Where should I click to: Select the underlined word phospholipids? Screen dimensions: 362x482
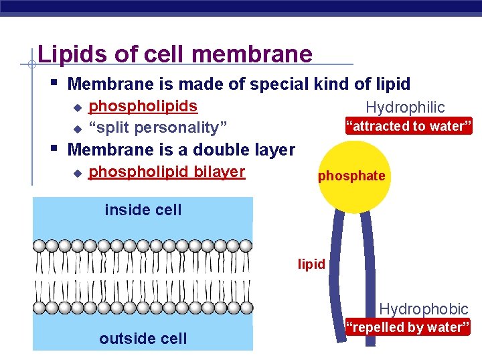[x=143, y=106]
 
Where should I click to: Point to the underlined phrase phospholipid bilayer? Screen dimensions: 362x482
[x=167, y=172]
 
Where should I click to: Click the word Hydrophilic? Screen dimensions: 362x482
[x=405, y=107]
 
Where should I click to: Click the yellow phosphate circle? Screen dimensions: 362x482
[x=351, y=176]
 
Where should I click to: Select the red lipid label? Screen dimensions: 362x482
[x=312, y=264]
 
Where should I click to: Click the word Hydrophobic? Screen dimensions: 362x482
[x=424, y=309]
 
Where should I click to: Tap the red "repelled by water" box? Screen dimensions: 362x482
[x=408, y=327]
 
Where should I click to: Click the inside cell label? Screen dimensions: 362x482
[x=143, y=210]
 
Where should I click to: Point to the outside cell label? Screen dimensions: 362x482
[x=143, y=339]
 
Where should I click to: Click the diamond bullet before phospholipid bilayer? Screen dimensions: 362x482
[x=76, y=173]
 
